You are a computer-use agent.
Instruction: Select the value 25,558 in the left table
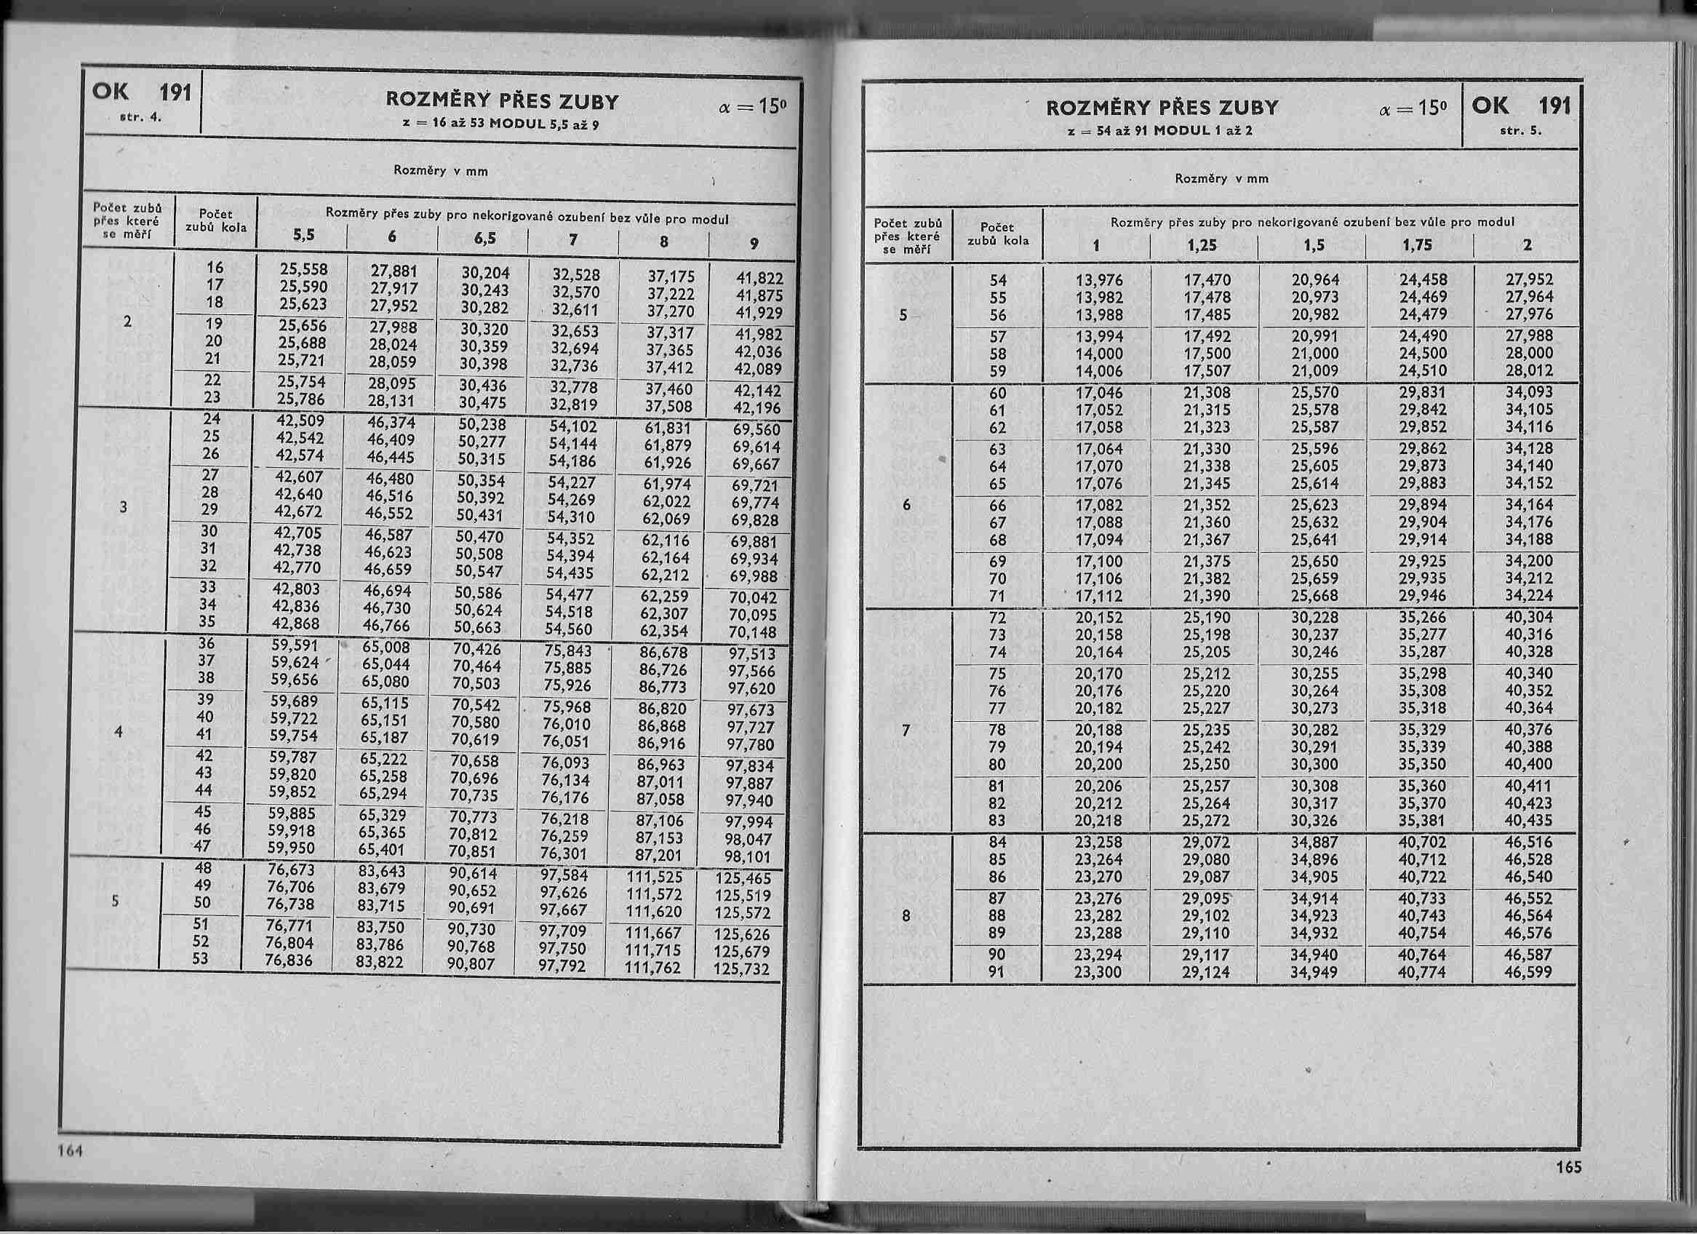pos(304,269)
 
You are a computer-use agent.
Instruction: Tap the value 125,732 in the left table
pos(742,968)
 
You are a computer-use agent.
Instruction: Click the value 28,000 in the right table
pos(1530,353)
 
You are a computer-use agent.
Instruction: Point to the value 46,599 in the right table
pos(1529,972)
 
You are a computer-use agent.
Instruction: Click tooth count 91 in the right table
pos(998,972)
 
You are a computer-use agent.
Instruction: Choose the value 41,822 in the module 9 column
pos(759,279)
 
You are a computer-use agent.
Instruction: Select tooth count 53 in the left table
pos(200,960)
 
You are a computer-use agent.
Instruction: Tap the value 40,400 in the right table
pos(1530,764)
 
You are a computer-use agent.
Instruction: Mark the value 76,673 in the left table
pos(291,869)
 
